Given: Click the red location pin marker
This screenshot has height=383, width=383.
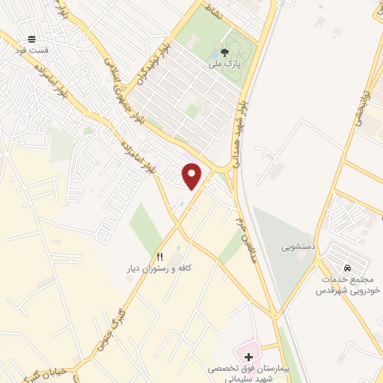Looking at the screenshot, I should [193, 176].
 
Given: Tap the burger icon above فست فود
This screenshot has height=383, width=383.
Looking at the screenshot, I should [31, 38].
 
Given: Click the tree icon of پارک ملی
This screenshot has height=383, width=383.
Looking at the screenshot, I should [225, 52].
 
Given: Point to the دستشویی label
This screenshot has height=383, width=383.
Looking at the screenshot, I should [297, 245].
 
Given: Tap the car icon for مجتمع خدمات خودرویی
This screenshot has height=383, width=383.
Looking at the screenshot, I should [346, 268].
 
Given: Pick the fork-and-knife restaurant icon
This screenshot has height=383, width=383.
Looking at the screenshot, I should [159, 256].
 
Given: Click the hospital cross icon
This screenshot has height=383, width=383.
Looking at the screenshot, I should [248, 357].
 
